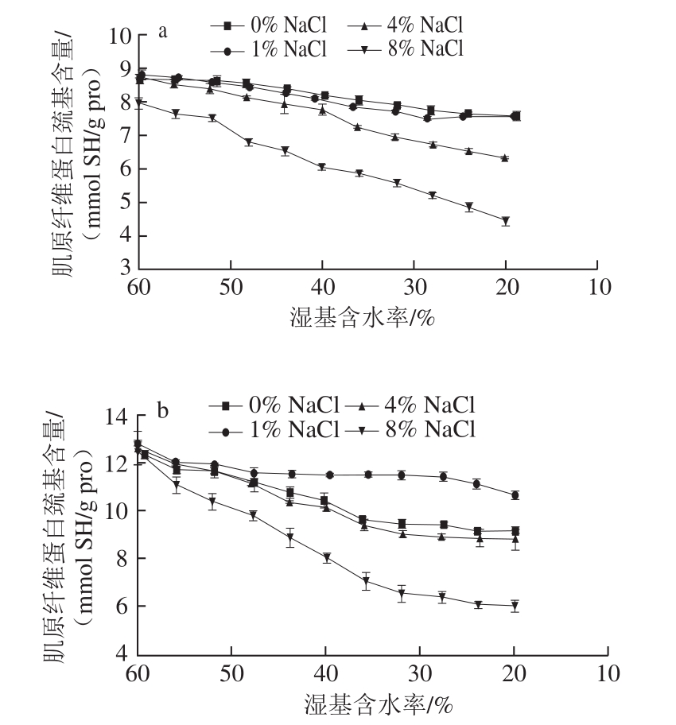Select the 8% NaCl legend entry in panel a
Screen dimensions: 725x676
tap(406, 49)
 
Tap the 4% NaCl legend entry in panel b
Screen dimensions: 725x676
tap(414, 408)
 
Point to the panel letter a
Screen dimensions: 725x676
tap(162, 32)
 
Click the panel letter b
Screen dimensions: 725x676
tap(162, 412)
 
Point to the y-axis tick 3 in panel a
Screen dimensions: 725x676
tap(126, 269)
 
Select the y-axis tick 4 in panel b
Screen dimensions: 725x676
tap(124, 653)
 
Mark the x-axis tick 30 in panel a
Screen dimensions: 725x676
tap(414, 287)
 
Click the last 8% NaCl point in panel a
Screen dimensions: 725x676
tap(505, 221)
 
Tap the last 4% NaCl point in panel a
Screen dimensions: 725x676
tap(505, 158)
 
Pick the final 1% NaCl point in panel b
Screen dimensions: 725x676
tap(515, 495)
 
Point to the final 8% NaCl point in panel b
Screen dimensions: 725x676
tap(515, 607)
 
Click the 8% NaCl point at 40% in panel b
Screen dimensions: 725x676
tap(326, 558)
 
